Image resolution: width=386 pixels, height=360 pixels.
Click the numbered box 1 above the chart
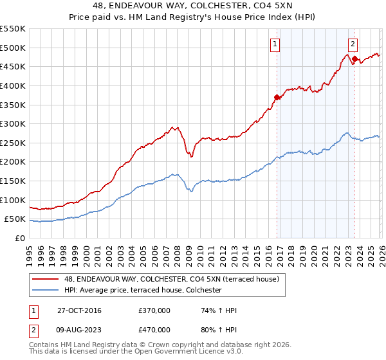coord(275,44)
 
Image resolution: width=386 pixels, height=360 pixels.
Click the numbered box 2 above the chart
coord(353,44)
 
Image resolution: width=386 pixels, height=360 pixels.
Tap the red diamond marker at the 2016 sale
coord(277,97)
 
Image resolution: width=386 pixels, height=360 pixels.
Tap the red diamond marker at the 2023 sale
coord(354,59)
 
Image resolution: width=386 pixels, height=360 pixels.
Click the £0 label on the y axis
coord(20,238)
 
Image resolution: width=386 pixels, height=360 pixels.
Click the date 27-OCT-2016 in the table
coord(79,310)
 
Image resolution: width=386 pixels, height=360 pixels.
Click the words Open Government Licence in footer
coord(192,353)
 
